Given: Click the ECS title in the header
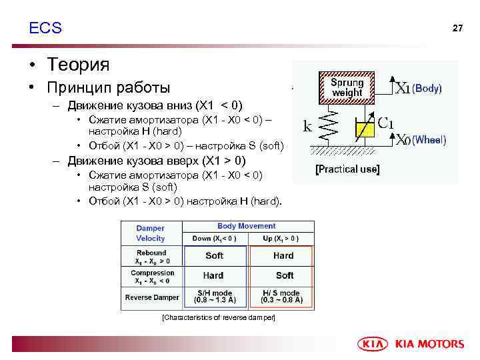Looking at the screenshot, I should click(45, 28).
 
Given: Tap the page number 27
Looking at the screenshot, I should click(457, 28).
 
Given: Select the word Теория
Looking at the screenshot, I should click(78, 65).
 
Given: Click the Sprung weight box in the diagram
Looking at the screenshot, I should click(347, 88).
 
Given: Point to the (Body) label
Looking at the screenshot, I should click(427, 88).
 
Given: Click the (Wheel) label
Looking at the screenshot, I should click(429, 140).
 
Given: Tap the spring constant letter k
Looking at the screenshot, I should click(308, 125).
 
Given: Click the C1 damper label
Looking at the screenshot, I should click(386, 123).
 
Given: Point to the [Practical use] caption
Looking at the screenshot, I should click(347, 169).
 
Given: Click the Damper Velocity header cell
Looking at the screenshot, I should click(151, 233).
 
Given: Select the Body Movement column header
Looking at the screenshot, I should click(247, 227).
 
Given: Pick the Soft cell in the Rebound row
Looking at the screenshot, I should click(214, 256).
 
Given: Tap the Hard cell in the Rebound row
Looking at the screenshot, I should click(283, 256).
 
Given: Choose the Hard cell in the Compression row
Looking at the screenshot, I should click(213, 275).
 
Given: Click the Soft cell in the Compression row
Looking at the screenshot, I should click(284, 275).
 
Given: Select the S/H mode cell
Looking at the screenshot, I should click(213, 297).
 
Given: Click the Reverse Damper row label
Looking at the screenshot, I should click(151, 297).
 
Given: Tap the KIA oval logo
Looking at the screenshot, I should click(374, 344).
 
